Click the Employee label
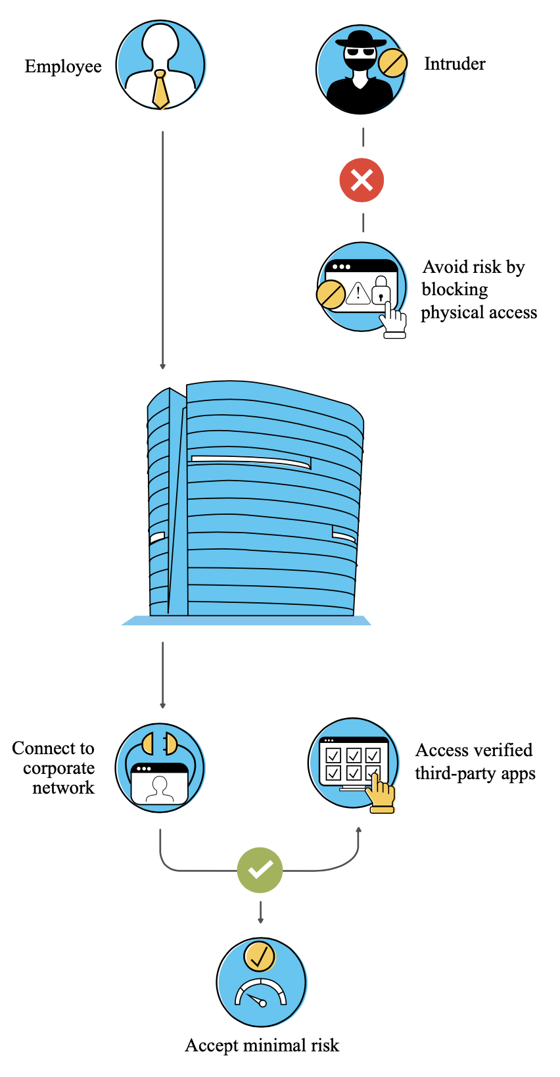click(63, 66)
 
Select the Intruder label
click(454, 64)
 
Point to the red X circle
click(362, 180)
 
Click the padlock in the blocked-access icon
click(381, 290)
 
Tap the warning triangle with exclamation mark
click(358, 292)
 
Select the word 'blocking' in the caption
click(454, 289)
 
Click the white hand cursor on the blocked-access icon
click(394, 321)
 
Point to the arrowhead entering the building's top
click(162, 366)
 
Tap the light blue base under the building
click(246, 620)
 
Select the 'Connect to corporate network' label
click(54, 767)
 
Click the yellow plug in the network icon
click(159, 744)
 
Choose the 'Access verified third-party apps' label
click(475, 761)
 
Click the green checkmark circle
click(260, 870)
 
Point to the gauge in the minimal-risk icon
click(261, 992)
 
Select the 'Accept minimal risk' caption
click(262, 1045)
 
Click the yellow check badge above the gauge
click(260, 956)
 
